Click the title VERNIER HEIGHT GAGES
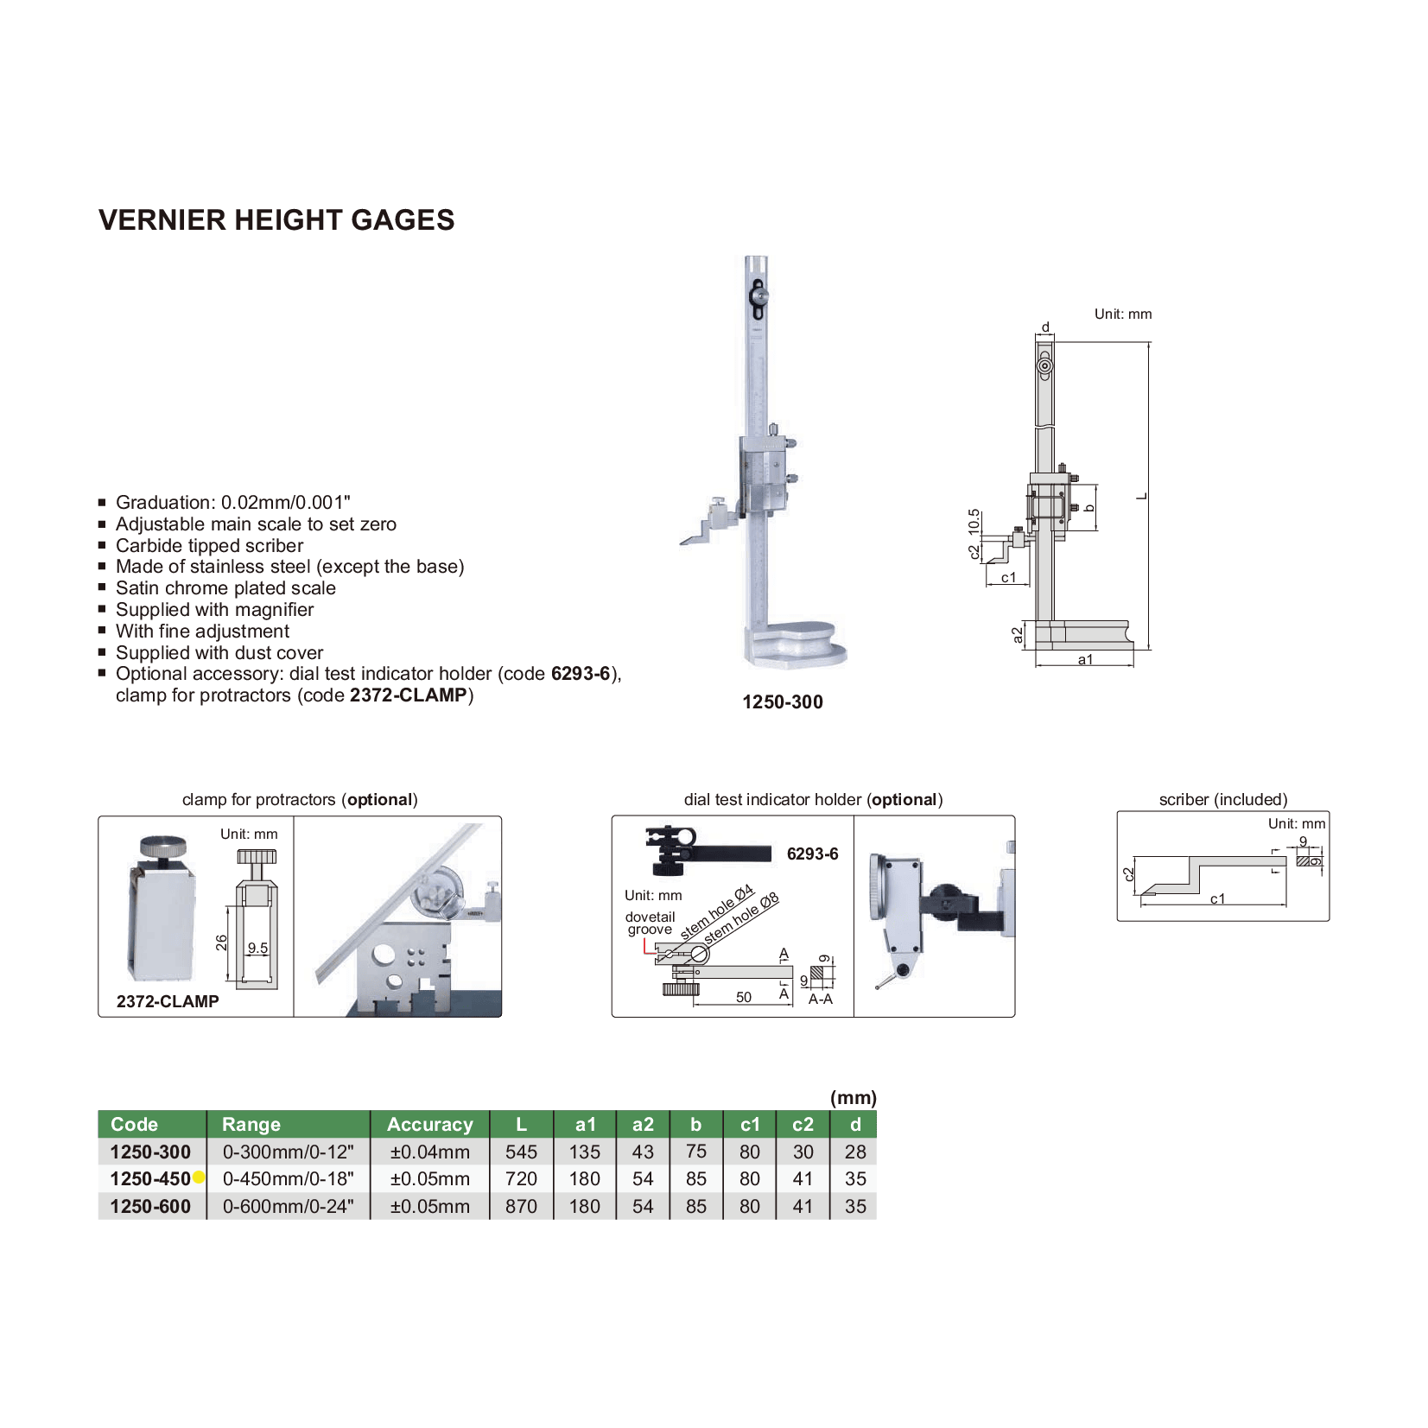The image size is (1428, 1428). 276,220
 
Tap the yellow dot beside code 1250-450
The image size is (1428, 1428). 199,1177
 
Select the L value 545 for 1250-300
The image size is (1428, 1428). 521,1152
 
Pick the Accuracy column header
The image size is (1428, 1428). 429,1124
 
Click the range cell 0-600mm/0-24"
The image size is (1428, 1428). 288,1206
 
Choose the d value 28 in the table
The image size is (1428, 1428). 854,1152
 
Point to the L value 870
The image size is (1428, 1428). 521,1206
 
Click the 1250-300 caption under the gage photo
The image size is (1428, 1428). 782,702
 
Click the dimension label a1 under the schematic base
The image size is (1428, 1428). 1085,660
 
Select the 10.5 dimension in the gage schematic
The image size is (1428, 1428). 974,522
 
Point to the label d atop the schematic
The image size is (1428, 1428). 1045,327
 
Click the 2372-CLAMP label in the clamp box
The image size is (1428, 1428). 168,1001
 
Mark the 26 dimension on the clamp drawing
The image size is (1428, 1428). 222,942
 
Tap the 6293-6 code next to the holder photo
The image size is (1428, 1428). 812,854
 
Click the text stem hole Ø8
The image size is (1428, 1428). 741,918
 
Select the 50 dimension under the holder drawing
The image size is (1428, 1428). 743,997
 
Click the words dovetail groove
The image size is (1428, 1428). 650,923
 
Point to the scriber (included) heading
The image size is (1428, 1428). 1222,799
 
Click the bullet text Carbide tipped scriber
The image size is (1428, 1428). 209,546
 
